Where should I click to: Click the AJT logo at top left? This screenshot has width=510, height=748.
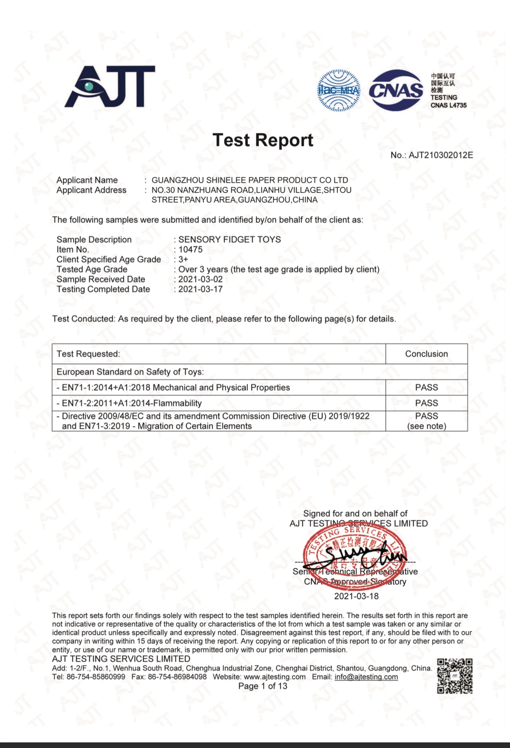click(110, 87)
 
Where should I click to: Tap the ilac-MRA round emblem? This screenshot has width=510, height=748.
click(338, 90)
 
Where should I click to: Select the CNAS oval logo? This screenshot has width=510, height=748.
click(396, 90)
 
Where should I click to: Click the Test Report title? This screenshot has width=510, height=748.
click(263, 140)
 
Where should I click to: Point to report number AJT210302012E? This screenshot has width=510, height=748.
click(440, 155)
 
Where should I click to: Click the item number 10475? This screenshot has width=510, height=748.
click(191, 249)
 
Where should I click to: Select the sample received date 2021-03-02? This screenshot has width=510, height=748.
click(200, 279)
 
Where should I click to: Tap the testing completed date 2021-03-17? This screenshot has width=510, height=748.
click(200, 289)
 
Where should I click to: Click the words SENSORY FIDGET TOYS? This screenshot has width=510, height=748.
click(230, 239)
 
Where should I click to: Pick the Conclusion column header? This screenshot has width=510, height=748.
click(426, 354)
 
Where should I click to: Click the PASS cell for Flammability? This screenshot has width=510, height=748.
click(426, 403)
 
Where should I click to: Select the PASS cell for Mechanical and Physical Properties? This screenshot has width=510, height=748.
click(426, 387)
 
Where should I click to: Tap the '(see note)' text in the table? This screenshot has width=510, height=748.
click(426, 426)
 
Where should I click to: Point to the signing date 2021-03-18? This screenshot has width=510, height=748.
click(356, 596)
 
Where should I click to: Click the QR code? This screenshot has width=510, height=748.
click(455, 676)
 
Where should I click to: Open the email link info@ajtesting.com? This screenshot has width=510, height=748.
click(366, 677)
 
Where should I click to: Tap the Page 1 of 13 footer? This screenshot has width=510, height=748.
click(262, 686)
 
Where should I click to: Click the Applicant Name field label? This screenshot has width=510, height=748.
click(87, 180)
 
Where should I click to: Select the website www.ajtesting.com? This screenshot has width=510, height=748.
click(274, 677)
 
